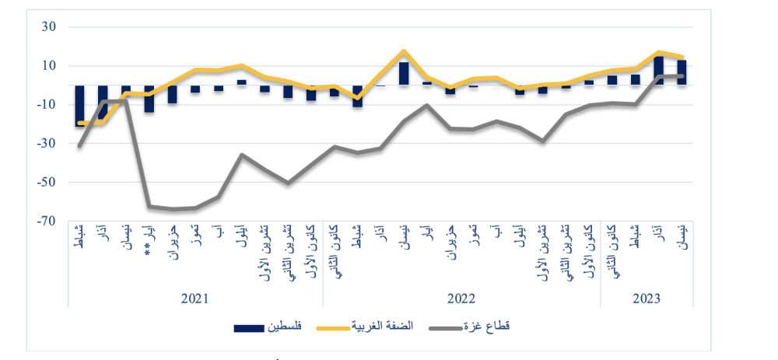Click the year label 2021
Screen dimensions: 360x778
tap(194, 299)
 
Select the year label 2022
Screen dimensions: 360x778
tap(461, 299)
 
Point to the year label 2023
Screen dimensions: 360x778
tap(647, 299)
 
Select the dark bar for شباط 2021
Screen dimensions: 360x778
tap(79, 105)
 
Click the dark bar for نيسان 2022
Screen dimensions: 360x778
tap(404, 73)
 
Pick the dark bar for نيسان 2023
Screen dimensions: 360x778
tap(682, 72)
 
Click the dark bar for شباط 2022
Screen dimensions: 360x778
tap(358, 96)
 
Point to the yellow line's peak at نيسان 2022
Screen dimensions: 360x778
tap(404, 51)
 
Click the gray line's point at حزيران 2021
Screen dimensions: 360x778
tap(172, 208)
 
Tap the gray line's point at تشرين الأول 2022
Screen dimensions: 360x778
tap(543, 141)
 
